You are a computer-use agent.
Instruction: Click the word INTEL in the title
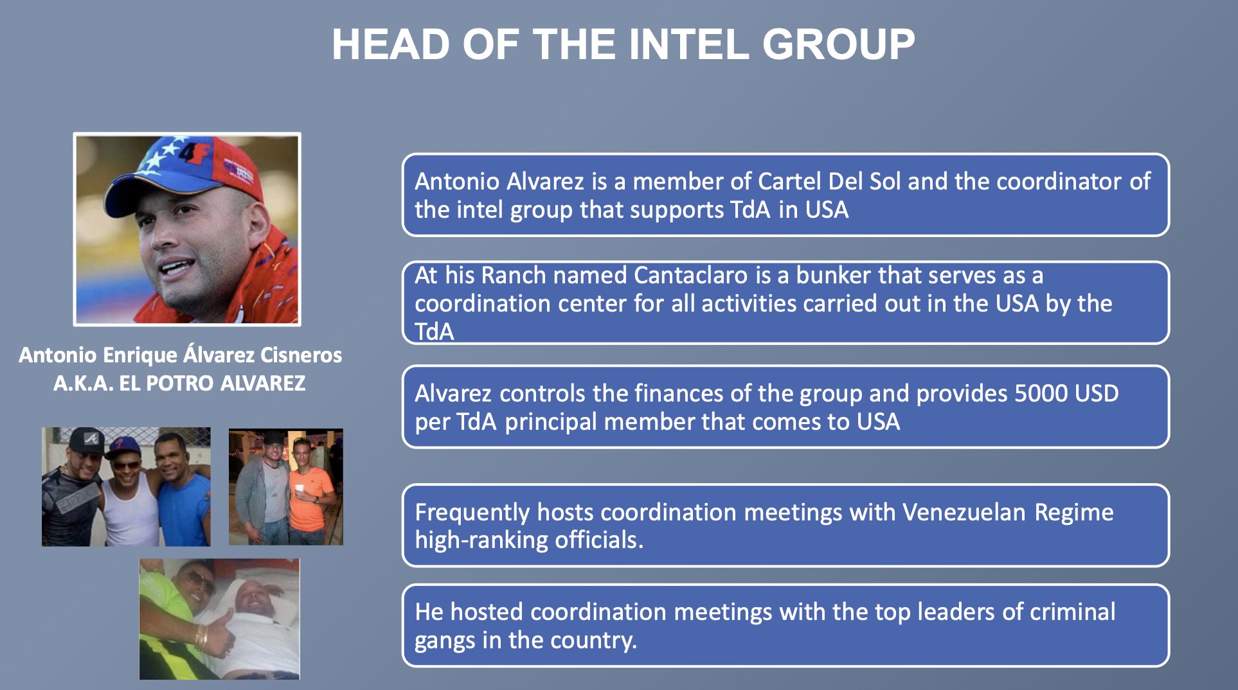click(x=688, y=44)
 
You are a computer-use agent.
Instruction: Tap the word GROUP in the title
click(x=839, y=44)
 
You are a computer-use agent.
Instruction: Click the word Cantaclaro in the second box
click(x=691, y=275)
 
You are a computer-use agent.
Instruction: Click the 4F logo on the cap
click(x=186, y=155)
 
